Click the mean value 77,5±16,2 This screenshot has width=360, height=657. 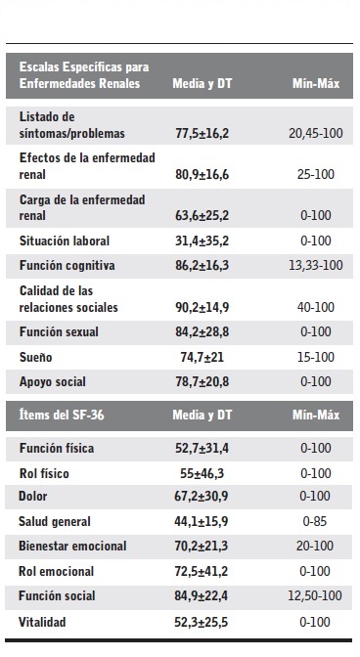(x=201, y=131)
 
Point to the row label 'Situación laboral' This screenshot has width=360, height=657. (x=65, y=240)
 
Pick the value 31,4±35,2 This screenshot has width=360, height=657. (x=201, y=240)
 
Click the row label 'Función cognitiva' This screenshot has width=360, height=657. (x=67, y=265)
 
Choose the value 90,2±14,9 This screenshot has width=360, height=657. (x=201, y=307)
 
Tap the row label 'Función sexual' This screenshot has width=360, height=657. (x=60, y=331)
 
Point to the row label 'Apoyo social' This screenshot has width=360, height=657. (x=55, y=382)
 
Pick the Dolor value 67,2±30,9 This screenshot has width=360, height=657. (x=201, y=497)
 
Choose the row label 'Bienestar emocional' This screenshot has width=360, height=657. (x=74, y=546)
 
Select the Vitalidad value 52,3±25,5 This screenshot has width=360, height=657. (x=201, y=620)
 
